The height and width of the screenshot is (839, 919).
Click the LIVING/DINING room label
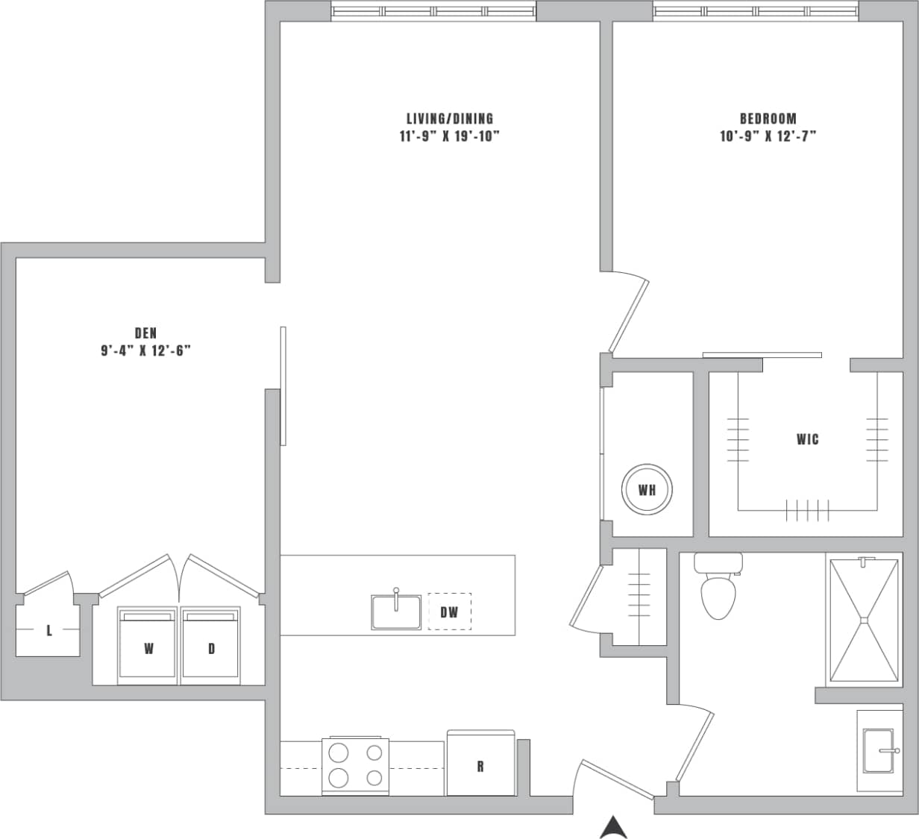pos(449,119)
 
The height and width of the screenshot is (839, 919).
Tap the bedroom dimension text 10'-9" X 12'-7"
pos(768,136)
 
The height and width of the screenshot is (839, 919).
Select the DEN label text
pos(145,333)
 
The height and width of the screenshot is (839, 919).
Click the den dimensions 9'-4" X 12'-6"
pos(146,351)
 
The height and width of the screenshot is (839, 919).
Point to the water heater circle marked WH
pos(647,490)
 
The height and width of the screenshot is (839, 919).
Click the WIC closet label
pos(807,439)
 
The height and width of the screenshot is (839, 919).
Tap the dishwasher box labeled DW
pos(449,612)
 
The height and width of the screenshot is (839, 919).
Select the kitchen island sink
pos(396,612)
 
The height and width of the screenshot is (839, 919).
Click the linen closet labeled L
pos(48,631)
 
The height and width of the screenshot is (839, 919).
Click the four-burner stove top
pos(355,765)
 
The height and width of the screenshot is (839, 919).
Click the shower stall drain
pos(864,619)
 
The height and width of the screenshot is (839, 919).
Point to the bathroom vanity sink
pos(880,750)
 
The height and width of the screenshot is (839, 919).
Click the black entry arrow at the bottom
pos(612,827)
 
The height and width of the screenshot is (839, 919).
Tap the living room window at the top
pos(433,11)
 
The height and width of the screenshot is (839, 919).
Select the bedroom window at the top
pos(756,11)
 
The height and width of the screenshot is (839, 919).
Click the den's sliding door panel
pos(283,386)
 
